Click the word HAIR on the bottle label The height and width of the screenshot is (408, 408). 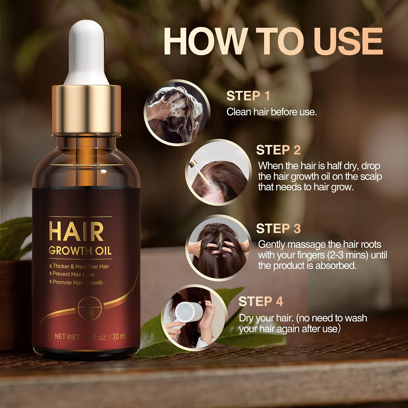[76, 232]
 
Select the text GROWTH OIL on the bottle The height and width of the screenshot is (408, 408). [80, 251]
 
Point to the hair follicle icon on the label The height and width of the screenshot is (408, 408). [90, 309]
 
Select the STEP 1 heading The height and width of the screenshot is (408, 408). [248, 96]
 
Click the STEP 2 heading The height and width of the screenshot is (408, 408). [278, 150]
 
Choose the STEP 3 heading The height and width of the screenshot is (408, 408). [278, 228]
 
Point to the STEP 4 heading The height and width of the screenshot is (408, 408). [261, 302]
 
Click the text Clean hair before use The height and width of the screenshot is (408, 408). [271, 112]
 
